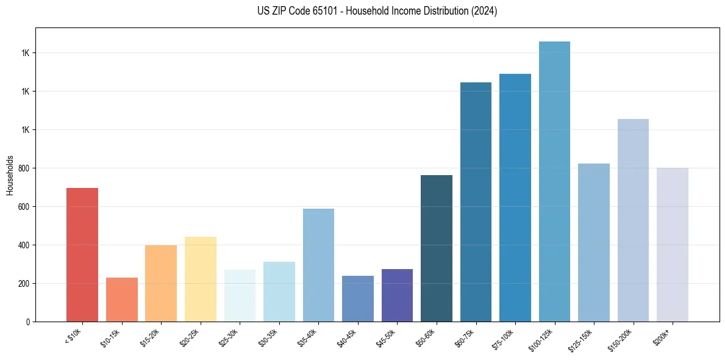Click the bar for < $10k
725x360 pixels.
tap(82, 254)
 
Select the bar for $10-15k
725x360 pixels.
tap(121, 300)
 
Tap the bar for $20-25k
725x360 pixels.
tap(200, 279)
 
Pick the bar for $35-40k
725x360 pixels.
tap(318, 265)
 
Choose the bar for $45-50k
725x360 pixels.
tap(397, 295)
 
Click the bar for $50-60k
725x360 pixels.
tap(437, 248)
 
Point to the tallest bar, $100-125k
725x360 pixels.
tap(554, 181)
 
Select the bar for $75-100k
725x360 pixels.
tap(515, 198)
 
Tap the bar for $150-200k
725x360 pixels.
tap(633, 220)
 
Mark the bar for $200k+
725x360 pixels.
tap(673, 245)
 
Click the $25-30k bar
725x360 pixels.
tap(240, 295)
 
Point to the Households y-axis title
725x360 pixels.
tap(10, 175)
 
